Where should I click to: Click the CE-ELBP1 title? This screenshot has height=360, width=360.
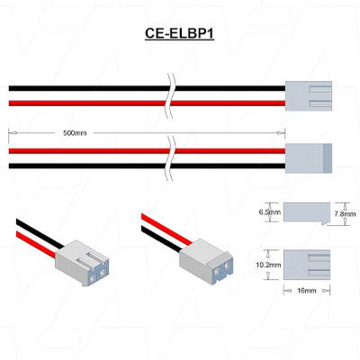point(179,33)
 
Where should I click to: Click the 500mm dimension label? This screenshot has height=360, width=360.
point(75,133)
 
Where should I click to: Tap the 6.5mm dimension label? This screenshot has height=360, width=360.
point(270,212)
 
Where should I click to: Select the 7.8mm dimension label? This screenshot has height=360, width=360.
point(345,214)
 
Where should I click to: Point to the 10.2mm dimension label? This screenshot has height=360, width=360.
point(268,265)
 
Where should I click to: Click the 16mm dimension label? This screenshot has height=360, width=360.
point(307,291)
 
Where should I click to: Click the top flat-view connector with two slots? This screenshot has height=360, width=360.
point(309,96)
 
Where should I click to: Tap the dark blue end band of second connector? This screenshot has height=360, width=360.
point(328,158)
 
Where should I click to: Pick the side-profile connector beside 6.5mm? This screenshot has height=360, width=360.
point(307,213)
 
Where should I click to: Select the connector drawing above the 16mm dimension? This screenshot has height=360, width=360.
point(307,265)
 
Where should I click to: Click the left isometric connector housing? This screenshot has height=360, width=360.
point(82,263)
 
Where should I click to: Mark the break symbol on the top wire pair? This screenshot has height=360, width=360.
point(171,96)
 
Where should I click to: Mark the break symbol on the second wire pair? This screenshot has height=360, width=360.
point(171,158)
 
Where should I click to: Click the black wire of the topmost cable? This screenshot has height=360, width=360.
point(147,88)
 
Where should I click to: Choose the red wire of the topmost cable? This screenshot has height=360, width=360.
point(147,103)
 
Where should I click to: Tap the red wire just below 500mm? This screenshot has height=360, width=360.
point(147,151)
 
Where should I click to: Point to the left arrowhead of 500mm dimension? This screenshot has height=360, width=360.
point(13,132)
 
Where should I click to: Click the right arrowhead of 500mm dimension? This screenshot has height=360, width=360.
point(281,132)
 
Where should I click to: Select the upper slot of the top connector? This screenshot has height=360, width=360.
point(320,89)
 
